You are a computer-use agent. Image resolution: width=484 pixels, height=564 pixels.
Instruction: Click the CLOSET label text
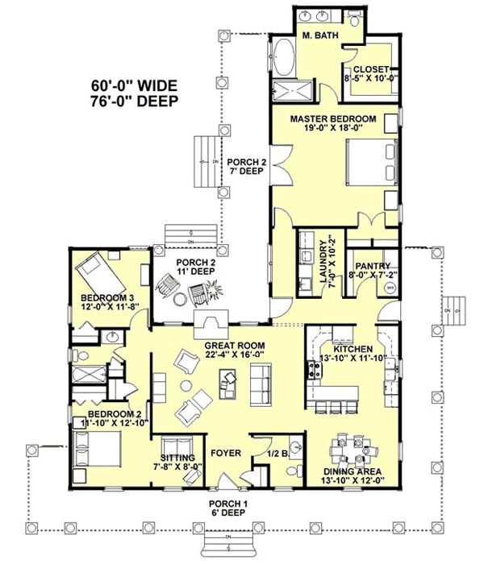371,70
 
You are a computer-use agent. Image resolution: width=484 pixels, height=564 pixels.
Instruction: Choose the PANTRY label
373,266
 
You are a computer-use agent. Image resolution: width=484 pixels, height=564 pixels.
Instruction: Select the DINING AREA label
353,471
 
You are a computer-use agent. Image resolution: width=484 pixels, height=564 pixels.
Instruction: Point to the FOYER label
226,454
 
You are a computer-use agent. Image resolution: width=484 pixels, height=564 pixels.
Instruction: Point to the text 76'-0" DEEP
130,100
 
